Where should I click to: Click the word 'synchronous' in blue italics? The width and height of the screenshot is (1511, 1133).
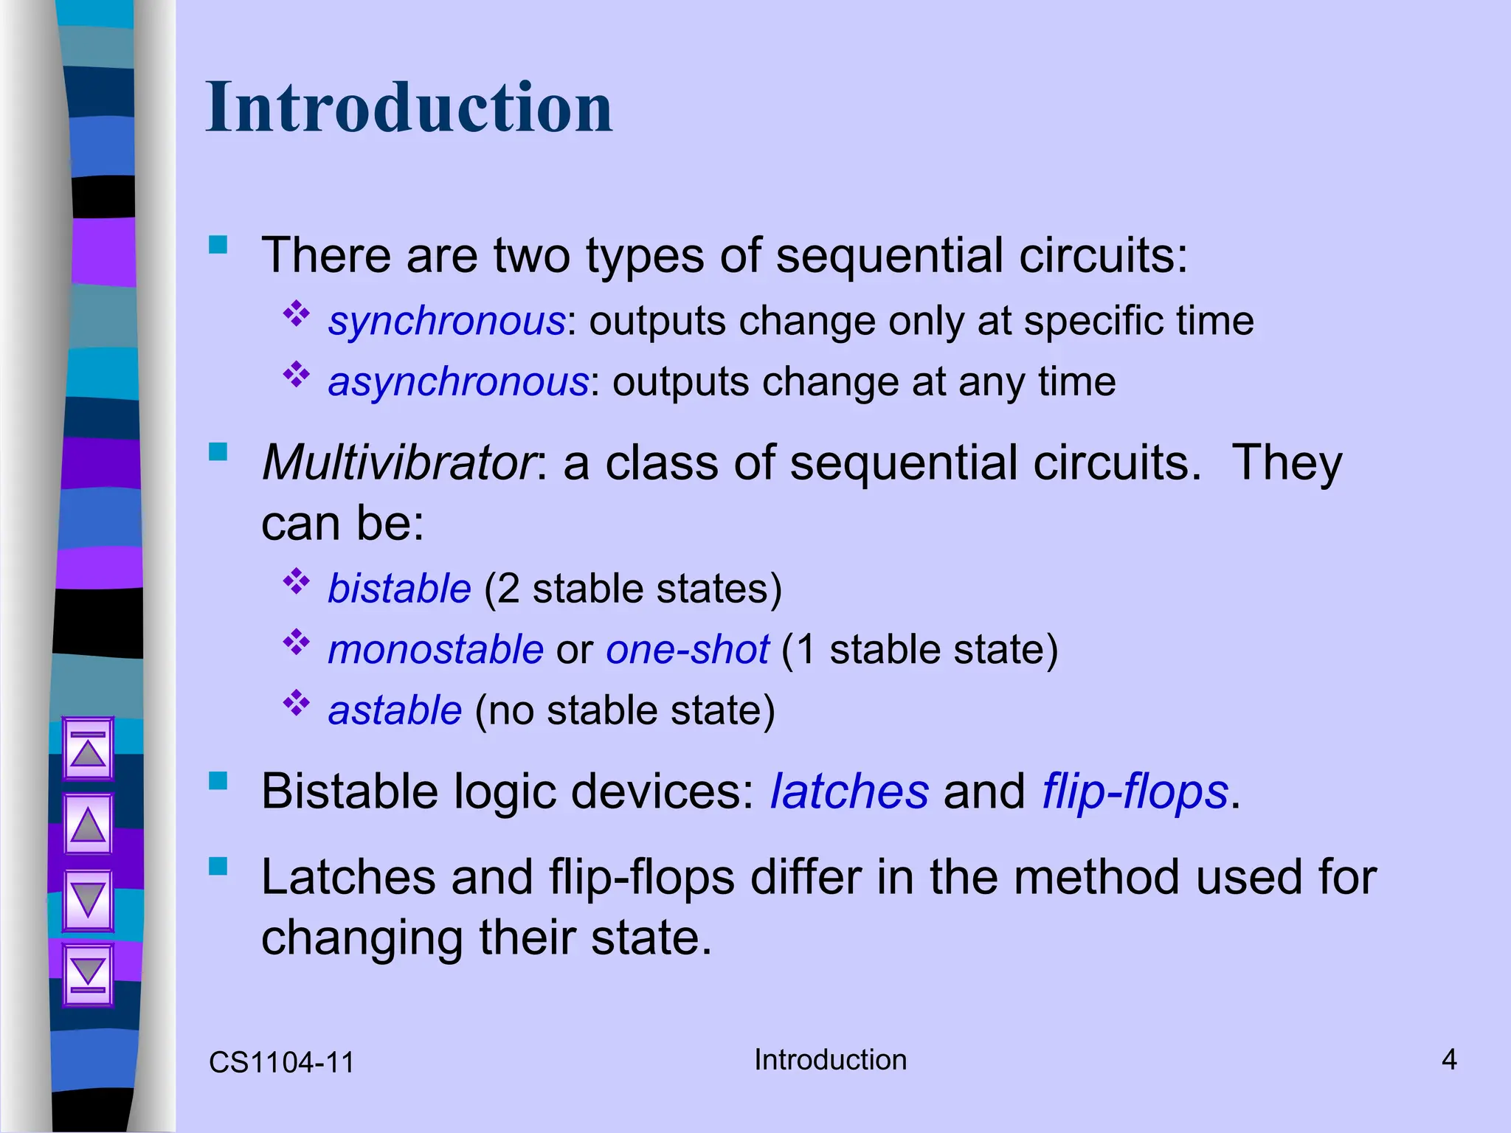coord(446,322)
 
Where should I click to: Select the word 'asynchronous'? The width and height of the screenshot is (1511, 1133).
coord(457,382)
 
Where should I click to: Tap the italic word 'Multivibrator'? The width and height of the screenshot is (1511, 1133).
coord(399,463)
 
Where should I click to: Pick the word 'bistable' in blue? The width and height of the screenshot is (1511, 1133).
coord(399,589)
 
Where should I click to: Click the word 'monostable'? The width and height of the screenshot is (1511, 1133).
coord(435,650)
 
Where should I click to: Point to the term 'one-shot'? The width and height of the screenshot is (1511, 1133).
coord(687,650)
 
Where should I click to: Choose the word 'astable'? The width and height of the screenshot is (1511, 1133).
coord(395,710)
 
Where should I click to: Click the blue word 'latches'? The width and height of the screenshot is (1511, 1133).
coord(849,791)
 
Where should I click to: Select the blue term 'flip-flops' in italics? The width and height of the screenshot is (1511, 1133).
coord(1135,791)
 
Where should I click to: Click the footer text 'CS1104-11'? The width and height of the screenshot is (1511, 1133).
coord(281,1063)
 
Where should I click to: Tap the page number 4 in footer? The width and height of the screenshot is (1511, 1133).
coord(1449,1060)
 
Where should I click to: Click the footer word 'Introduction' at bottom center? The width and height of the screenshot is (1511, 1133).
coord(830,1060)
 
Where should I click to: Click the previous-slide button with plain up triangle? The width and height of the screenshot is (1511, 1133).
coord(88,824)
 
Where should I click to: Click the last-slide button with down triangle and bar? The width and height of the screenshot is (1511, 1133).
coord(88,974)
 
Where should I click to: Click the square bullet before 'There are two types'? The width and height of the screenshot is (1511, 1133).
coord(218,244)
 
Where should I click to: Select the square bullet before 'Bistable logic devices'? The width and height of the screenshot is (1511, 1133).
coord(218,780)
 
